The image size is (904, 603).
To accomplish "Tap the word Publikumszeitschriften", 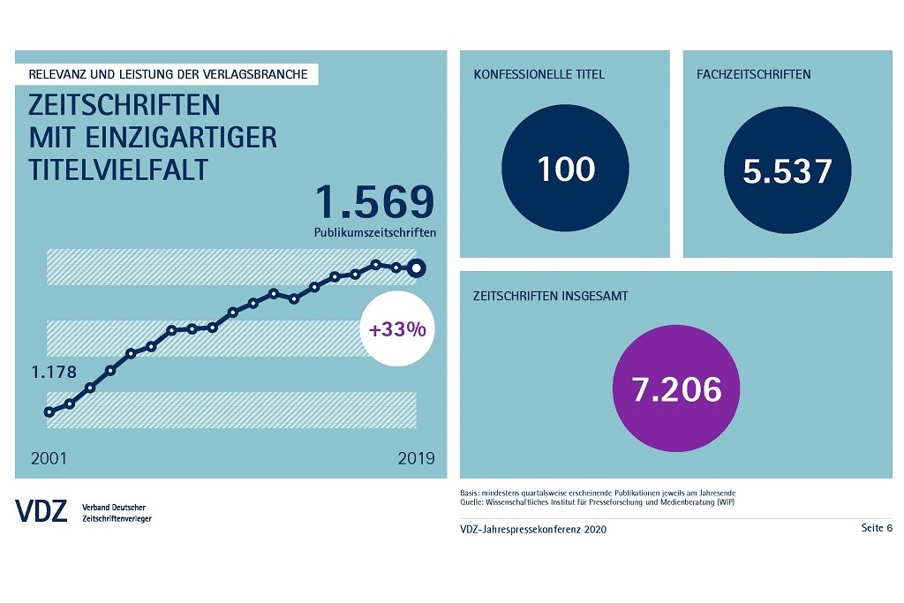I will pos(375,233).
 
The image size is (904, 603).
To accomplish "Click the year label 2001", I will pos(49,458).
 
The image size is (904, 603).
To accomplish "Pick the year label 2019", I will pos(417,458).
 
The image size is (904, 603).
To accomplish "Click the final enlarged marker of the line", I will pos(418,268).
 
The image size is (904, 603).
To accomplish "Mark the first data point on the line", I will pos(49,411).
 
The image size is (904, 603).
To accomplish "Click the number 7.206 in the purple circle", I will pos(676,389).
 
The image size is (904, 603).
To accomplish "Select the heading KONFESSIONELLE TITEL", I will pos(539,74).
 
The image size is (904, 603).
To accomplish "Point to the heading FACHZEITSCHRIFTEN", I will pos(754,74).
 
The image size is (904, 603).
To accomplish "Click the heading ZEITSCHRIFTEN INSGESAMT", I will pos(551,296).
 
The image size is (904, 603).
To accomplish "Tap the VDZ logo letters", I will pos(41,510).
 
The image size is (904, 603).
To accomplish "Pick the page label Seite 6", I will pos(877,528).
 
